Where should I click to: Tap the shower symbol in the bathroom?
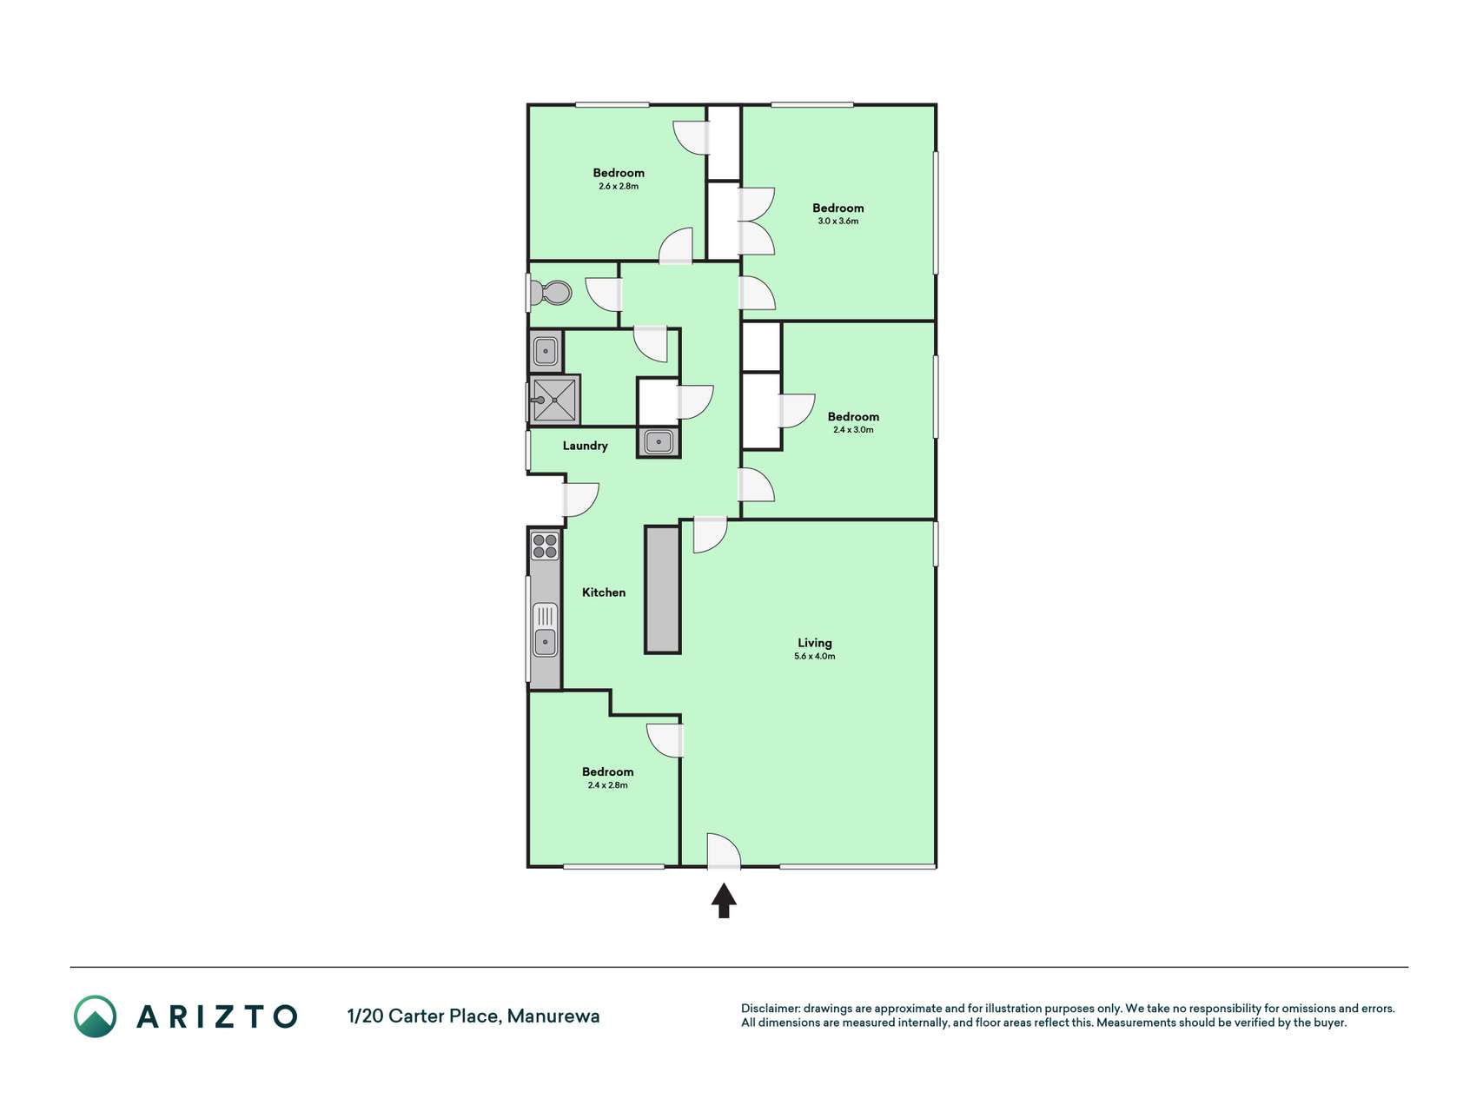[555, 400]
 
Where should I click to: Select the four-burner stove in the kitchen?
[545, 546]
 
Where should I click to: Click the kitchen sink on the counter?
[545, 630]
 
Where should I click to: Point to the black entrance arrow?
[724, 901]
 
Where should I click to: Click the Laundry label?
[585, 446]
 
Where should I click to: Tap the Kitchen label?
[604, 592]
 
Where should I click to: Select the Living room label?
[815, 643]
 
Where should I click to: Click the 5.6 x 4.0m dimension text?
[815, 657]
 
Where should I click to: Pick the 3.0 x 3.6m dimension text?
[838, 222]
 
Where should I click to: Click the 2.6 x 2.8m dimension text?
[619, 187]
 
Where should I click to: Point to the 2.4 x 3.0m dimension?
[853, 430]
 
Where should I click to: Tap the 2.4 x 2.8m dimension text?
[608, 785]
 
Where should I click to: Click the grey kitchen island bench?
[662, 589]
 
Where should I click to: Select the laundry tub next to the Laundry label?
[659, 442]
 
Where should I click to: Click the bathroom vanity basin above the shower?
[546, 351]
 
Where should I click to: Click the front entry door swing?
[724, 851]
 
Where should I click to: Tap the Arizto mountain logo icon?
[95, 1016]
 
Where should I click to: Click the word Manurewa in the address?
[553, 1016]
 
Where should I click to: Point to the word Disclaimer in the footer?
[770, 1009]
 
